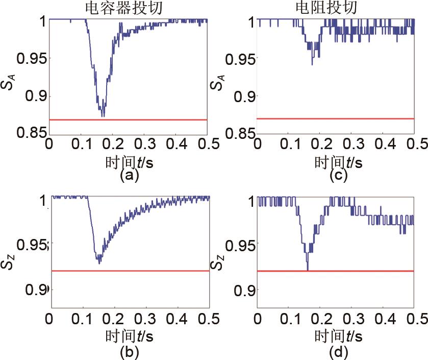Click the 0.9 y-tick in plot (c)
tap(243, 96)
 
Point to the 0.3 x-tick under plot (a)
tap(144, 145)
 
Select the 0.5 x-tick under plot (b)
tap(209, 320)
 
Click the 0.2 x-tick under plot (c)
tap(320, 145)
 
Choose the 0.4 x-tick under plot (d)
tap(382, 320)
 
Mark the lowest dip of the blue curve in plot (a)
tap(103, 116)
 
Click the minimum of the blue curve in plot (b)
tap(99, 263)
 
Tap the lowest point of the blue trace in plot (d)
tap(307, 269)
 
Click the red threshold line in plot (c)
tap(335, 118)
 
